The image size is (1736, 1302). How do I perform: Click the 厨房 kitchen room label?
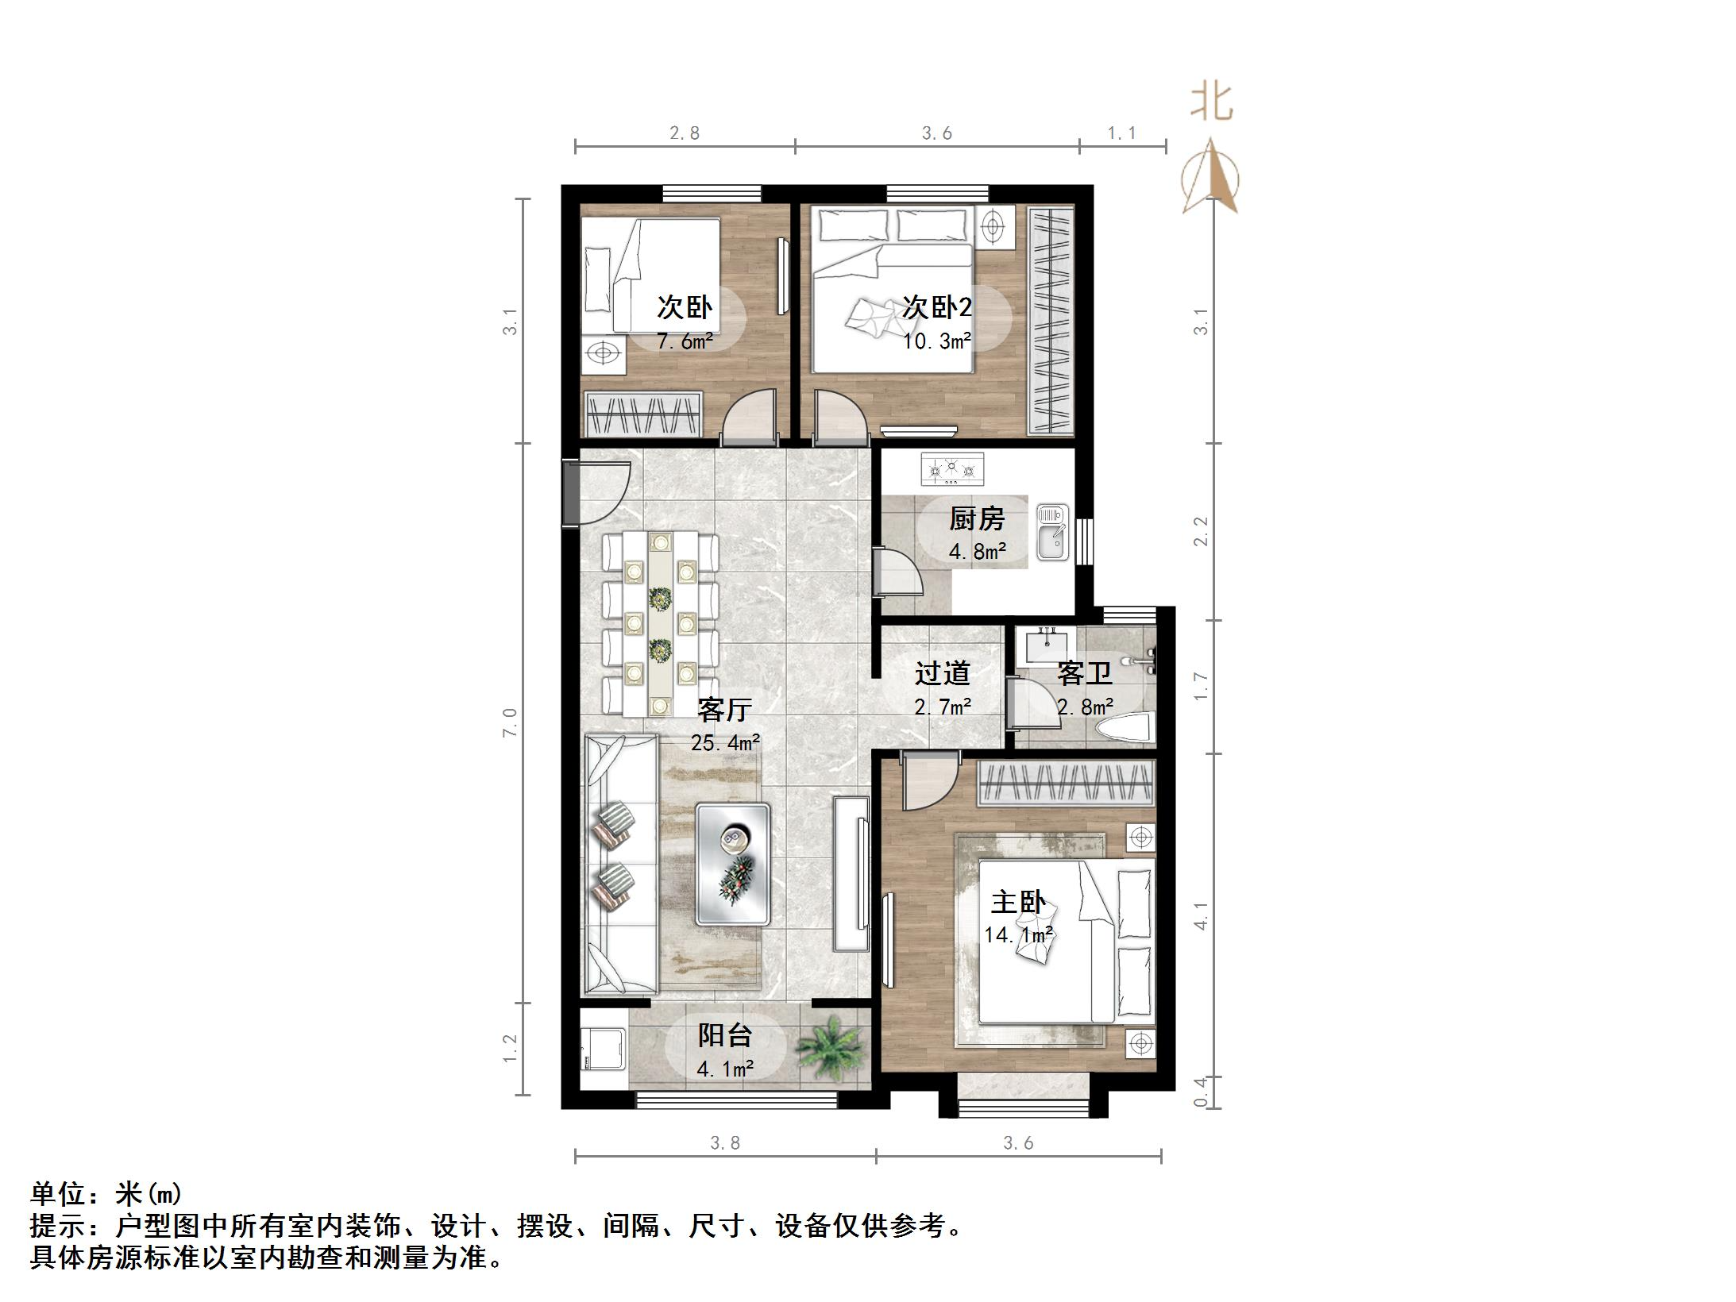pos(977,519)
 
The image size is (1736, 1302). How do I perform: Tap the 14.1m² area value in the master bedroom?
pos(1018,935)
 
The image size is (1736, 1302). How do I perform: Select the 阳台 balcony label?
pos(724,1035)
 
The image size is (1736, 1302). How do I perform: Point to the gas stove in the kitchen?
pos(951,470)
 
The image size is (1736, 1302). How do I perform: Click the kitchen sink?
pos(1052,533)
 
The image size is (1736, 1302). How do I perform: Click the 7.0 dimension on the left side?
pos(510,722)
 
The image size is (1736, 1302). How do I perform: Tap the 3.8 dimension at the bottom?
pos(724,1142)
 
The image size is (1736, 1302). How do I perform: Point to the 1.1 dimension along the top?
pos(1121,133)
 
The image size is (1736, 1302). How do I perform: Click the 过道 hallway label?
pos(942,673)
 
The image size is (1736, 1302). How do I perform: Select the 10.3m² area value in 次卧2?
pos(937,341)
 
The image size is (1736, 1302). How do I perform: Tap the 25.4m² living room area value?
pos(724,743)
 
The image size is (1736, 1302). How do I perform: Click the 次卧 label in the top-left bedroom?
pos(685,307)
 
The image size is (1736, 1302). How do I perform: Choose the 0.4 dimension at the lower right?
pos(1201,1092)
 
